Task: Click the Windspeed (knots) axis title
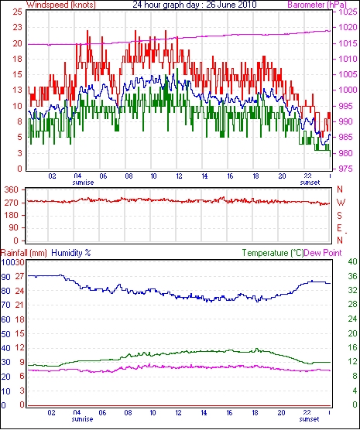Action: [x=61, y=5]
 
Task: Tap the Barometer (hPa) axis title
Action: [x=317, y=5]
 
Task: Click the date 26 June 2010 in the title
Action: [x=231, y=5]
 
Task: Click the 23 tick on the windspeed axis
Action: [x=17, y=28]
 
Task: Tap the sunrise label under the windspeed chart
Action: [x=83, y=183]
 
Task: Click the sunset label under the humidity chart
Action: [x=309, y=419]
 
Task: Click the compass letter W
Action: [x=341, y=203]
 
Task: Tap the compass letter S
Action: [x=340, y=216]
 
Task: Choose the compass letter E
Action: [x=340, y=228]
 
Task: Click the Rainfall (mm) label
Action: [x=24, y=253]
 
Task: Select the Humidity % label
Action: [x=71, y=253]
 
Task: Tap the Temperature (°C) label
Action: [x=273, y=253]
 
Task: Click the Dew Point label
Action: [x=323, y=253]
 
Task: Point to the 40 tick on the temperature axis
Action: [x=352, y=262]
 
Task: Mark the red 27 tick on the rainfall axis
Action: [x=19, y=276]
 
